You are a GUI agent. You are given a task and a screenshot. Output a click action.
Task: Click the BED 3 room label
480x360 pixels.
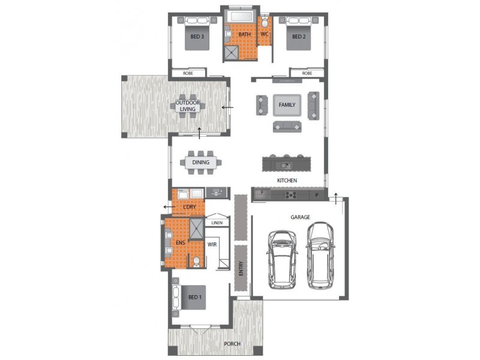point(197,37)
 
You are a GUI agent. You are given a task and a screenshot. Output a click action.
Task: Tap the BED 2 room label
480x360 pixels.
point(299,37)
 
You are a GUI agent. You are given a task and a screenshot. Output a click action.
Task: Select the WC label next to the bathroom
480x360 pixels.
point(265,34)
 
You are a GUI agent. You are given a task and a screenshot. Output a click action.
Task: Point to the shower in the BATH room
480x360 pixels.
point(230,54)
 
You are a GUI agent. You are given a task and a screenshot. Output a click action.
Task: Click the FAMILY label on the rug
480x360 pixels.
point(287,105)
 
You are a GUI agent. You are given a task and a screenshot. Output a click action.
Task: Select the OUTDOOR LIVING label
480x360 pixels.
point(188,106)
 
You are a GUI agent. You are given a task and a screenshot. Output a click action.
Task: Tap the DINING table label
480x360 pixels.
point(200,162)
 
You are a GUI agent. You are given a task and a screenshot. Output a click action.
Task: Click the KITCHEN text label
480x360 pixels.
point(287,181)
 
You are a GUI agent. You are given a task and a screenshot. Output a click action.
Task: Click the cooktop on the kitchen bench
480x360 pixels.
point(290,194)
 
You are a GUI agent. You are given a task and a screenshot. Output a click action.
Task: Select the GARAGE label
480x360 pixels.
point(300,217)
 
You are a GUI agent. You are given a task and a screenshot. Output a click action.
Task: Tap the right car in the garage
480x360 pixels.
point(320,254)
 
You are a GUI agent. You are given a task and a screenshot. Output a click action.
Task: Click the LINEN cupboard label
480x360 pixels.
point(217,223)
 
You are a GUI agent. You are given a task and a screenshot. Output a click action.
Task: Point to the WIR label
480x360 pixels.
point(212,245)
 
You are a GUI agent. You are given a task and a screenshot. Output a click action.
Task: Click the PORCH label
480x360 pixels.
point(232,344)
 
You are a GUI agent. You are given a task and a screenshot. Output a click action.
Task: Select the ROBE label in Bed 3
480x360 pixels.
point(188,73)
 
